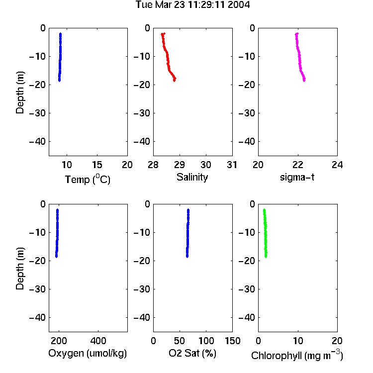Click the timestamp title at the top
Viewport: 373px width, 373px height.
coord(192,5)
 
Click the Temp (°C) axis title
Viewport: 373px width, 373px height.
coord(88,179)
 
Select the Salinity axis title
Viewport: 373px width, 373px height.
coord(192,178)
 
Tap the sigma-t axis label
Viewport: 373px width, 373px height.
coord(297,177)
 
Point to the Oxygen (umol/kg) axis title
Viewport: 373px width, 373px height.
coord(88,354)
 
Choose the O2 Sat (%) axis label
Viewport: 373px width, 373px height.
coord(192,354)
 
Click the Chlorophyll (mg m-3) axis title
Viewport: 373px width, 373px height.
coord(297,355)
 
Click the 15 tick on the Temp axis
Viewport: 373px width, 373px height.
coord(97,165)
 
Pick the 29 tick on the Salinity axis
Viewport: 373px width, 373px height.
coord(180,165)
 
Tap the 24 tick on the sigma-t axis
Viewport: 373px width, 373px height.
coord(337,165)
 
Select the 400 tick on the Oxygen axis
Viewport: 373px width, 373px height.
coord(98,341)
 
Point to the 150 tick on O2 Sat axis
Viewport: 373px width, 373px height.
coord(232,341)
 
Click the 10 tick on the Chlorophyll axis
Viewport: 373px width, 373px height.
coord(298,341)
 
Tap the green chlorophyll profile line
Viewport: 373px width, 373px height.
coord(265,233)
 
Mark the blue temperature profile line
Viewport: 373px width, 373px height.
coord(60,57)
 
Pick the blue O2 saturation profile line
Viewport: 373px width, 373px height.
coord(187,233)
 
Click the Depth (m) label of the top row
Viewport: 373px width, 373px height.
coord(20,93)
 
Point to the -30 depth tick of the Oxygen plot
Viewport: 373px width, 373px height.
coord(37,289)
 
